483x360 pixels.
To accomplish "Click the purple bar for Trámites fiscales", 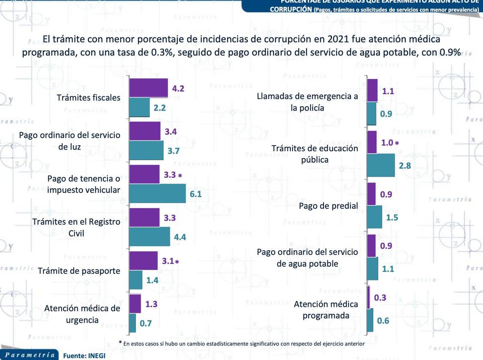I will point(148,88).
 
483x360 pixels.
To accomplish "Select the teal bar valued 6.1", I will point(157,194).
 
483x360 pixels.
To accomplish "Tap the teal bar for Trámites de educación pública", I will point(381,165).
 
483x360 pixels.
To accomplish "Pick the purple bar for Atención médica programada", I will point(369,297).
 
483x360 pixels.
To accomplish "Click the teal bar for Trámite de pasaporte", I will point(136,280).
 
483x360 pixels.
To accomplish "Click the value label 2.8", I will point(405,166).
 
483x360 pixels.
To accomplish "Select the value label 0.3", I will point(380,298).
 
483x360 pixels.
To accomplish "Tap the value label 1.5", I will point(392,217).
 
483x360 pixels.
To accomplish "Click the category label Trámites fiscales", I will point(89,98).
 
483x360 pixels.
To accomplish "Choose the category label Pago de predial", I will point(328,206).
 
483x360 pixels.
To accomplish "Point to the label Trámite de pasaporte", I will point(79,271).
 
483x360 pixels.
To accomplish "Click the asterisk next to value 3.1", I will point(177,261).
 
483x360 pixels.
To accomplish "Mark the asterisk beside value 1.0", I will point(396,143).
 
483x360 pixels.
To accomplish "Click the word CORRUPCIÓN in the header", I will point(291,10).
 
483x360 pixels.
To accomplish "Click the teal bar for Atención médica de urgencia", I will point(132,323).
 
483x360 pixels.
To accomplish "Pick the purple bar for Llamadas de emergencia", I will point(372,91).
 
